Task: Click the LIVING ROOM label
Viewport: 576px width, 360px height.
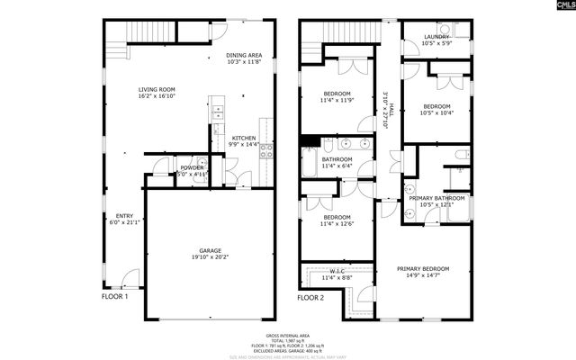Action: (x=157, y=89)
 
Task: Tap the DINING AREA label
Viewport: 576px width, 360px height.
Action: (x=244, y=55)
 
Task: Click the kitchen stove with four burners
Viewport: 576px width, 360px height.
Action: (x=266, y=150)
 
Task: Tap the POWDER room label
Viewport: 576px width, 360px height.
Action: (x=192, y=167)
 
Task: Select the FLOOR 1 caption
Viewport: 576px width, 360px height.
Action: (x=114, y=296)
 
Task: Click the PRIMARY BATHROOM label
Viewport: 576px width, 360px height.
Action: (x=436, y=198)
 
